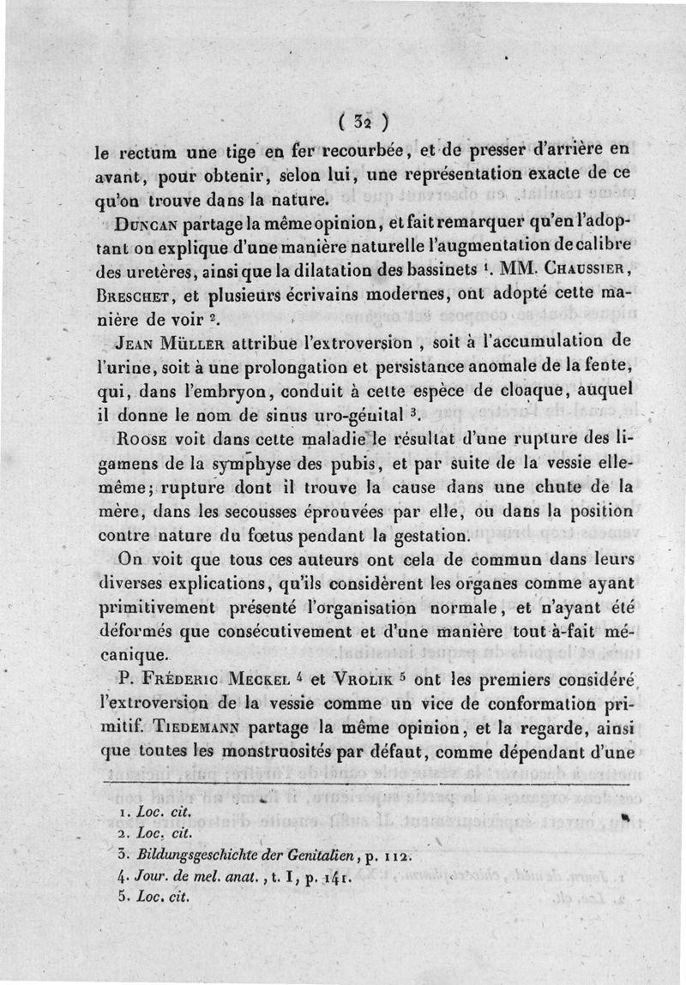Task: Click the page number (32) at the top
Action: coord(364,118)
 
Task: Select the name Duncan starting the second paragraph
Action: coord(147,225)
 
